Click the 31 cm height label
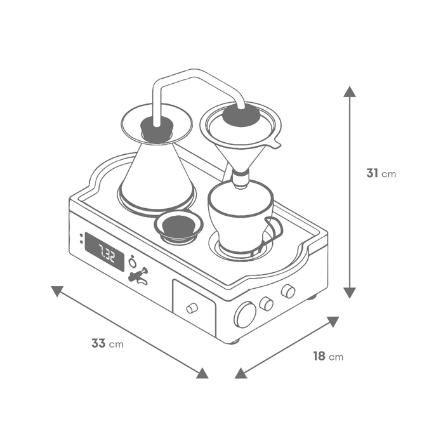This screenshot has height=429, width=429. (x=381, y=173)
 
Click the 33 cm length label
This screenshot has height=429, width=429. (x=107, y=343)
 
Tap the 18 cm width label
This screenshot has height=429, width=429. (x=328, y=356)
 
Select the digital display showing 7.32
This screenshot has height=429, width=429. (x=105, y=252)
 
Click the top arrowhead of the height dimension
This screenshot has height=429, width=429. (x=350, y=91)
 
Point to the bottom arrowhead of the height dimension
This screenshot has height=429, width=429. (x=350, y=293)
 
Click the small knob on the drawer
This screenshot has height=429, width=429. (x=192, y=308)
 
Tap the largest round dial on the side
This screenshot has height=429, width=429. (x=245, y=315)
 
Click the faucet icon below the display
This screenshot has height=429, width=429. (x=138, y=275)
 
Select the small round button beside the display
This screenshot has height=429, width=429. (x=133, y=263)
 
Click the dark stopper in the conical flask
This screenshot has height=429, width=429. (x=157, y=129)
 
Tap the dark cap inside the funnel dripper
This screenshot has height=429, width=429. (x=241, y=115)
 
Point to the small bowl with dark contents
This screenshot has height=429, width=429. (x=178, y=227)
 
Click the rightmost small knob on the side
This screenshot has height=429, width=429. (x=288, y=291)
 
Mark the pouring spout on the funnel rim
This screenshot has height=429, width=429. (x=275, y=143)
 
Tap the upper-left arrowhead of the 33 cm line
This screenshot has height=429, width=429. (x=57, y=291)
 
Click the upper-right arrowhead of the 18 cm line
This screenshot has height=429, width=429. (x=333, y=322)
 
